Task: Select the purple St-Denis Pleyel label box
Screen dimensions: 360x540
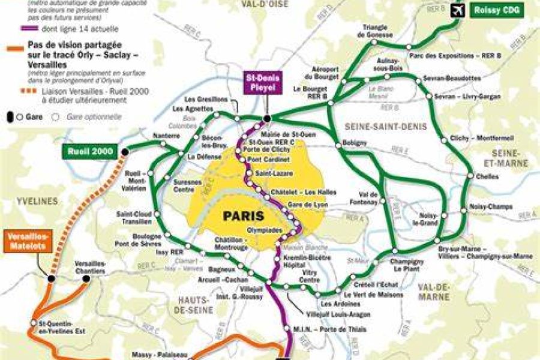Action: click(262, 83)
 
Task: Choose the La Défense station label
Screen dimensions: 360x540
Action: click(200, 157)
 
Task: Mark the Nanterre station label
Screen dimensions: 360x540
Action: click(166, 136)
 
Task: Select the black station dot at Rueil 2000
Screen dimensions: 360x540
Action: click(125, 152)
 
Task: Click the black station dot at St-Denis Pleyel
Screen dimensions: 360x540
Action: click(266, 118)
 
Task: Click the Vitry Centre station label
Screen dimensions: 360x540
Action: click(309, 277)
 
